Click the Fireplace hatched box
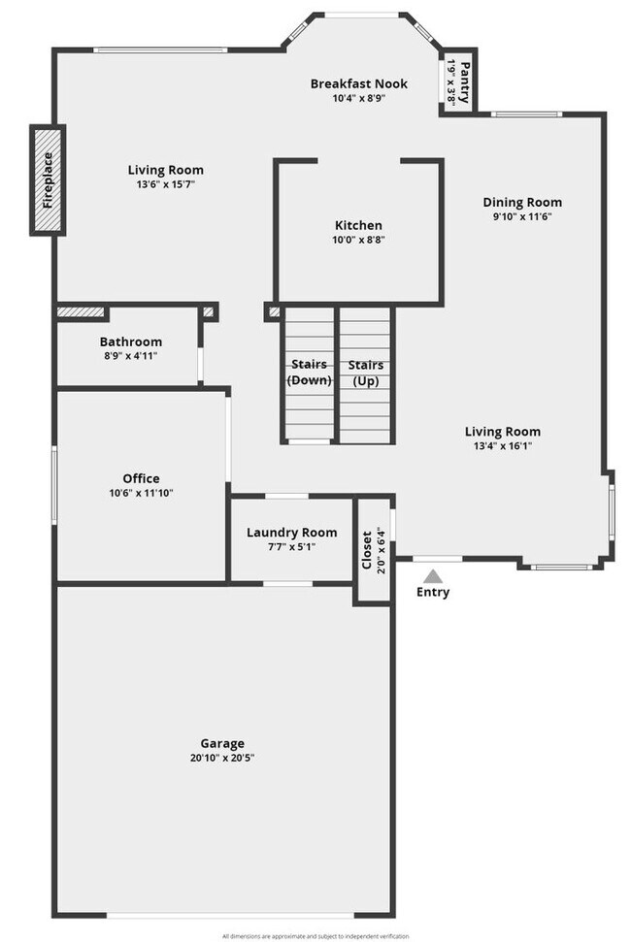click(x=48, y=179)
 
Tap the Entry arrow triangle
click(x=433, y=576)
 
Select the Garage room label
click(x=223, y=743)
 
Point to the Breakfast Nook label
click(x=358, y=83)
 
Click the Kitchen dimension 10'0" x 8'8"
click(x=358, y=240)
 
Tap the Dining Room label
click(x=522, y=203)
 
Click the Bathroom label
click(x=131, y=341)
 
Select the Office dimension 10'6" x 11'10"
click(x=141, y=493)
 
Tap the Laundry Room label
click(x=291, y=532)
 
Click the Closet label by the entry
click(x=366, y=550)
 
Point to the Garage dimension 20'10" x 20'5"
click(x=223, y=758)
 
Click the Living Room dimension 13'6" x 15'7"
click(x=166, y=184)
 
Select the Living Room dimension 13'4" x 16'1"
click(x=502, y=446)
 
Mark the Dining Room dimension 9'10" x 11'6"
click(x=522, y=217)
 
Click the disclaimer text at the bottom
click(x=315, y=935)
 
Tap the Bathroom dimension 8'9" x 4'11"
click(x=131, y=356)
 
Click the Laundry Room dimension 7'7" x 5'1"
click(x=291, y=546)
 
